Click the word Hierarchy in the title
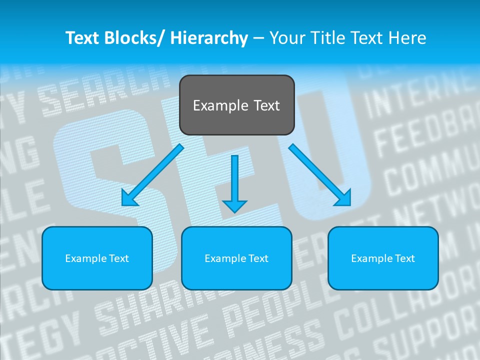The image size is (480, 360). [209, 38]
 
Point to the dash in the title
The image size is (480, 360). [258, 38]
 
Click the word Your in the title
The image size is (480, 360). [286, 38]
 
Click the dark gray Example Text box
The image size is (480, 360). [236, 105]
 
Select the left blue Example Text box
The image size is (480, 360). [97, 258]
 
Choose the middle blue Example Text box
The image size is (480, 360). [236, 258]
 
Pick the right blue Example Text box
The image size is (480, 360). [383, 258]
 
